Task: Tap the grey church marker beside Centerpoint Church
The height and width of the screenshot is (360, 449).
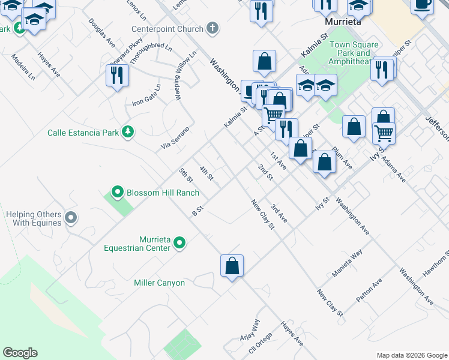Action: [x=211, y=28]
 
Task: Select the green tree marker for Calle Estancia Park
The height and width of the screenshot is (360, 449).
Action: [x=127, y=132]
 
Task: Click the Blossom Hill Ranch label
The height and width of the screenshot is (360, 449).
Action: [x=161, y=193]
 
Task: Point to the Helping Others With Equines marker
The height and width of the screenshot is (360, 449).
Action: [x=71, y=218]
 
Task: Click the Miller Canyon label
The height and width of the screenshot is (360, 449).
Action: [x=160, y=283]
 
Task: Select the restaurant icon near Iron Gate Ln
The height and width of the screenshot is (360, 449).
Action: [x=116, y=75]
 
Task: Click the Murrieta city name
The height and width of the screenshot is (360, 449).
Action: [x=342, y=22]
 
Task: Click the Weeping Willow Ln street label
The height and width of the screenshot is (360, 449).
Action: [x=186, y=76]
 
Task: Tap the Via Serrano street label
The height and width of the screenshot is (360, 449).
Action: [x=175, y=138]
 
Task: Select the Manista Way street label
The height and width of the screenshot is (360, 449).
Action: [x=348, y=264]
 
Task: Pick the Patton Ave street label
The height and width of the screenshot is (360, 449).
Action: [x=369, y=291]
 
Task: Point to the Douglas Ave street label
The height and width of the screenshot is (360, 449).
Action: [x=101, y=32]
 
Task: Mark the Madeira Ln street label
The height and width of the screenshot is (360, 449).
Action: [x=23, y=67]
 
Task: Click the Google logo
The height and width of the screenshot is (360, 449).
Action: [x=20, y=353]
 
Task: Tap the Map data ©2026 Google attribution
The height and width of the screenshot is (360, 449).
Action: [x=412, y=355]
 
